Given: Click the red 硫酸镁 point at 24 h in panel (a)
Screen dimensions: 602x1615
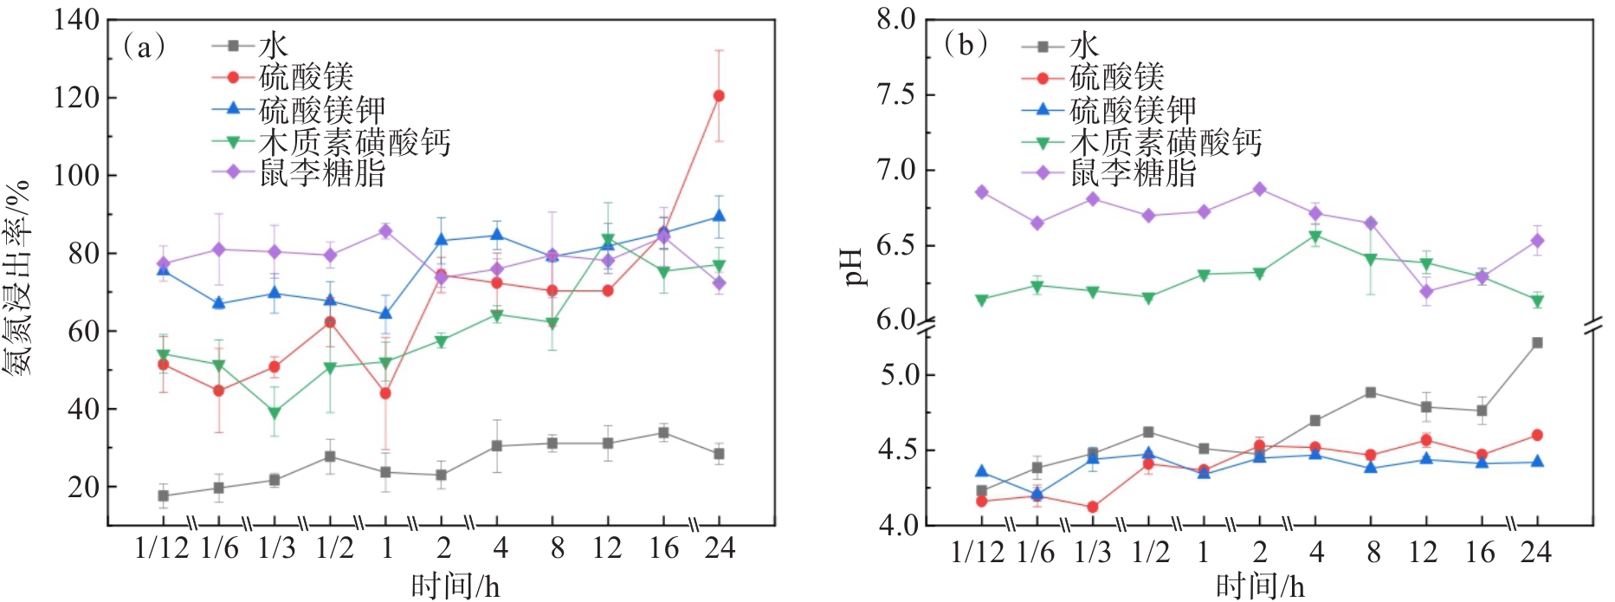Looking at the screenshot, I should coord(719,96).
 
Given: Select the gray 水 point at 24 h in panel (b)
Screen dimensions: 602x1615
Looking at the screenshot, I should coord(1537,343).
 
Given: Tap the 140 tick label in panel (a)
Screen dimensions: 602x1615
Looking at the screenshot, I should coord(76,19).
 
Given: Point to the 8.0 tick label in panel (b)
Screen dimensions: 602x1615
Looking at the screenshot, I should coord(895,19).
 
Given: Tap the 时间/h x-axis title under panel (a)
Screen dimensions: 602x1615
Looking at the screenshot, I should coord(455,586).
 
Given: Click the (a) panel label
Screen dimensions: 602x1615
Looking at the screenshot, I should coord(144,47).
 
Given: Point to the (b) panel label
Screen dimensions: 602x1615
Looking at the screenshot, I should coord(966,45).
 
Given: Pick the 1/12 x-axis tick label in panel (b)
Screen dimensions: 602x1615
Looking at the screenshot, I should coord(978,552).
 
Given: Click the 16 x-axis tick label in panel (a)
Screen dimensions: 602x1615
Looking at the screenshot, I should coord(664,548).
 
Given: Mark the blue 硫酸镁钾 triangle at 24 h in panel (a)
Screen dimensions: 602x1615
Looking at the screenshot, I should coord(719,216).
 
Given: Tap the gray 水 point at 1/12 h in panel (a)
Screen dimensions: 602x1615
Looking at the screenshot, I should coord(163,496).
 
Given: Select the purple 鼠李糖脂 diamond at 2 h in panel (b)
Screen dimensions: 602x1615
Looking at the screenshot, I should coord(1260,189).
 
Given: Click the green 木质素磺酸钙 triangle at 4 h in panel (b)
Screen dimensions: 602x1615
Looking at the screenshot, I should coord(1315,236).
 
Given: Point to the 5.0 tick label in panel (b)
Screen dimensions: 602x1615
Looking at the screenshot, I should coord(897,375).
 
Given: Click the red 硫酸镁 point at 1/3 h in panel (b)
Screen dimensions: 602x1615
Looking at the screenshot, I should coord(1093,507).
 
